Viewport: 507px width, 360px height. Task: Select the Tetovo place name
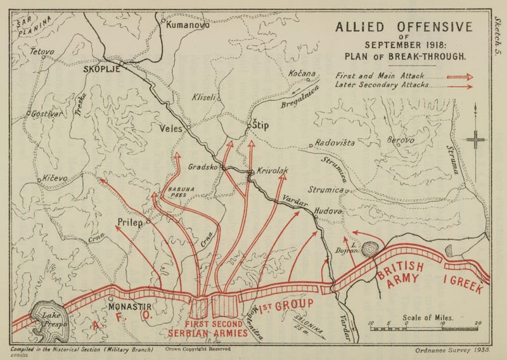coord(29,51)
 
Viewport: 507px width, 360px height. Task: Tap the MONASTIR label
coord(134,304)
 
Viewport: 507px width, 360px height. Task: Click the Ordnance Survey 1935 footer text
coord(451,350)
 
